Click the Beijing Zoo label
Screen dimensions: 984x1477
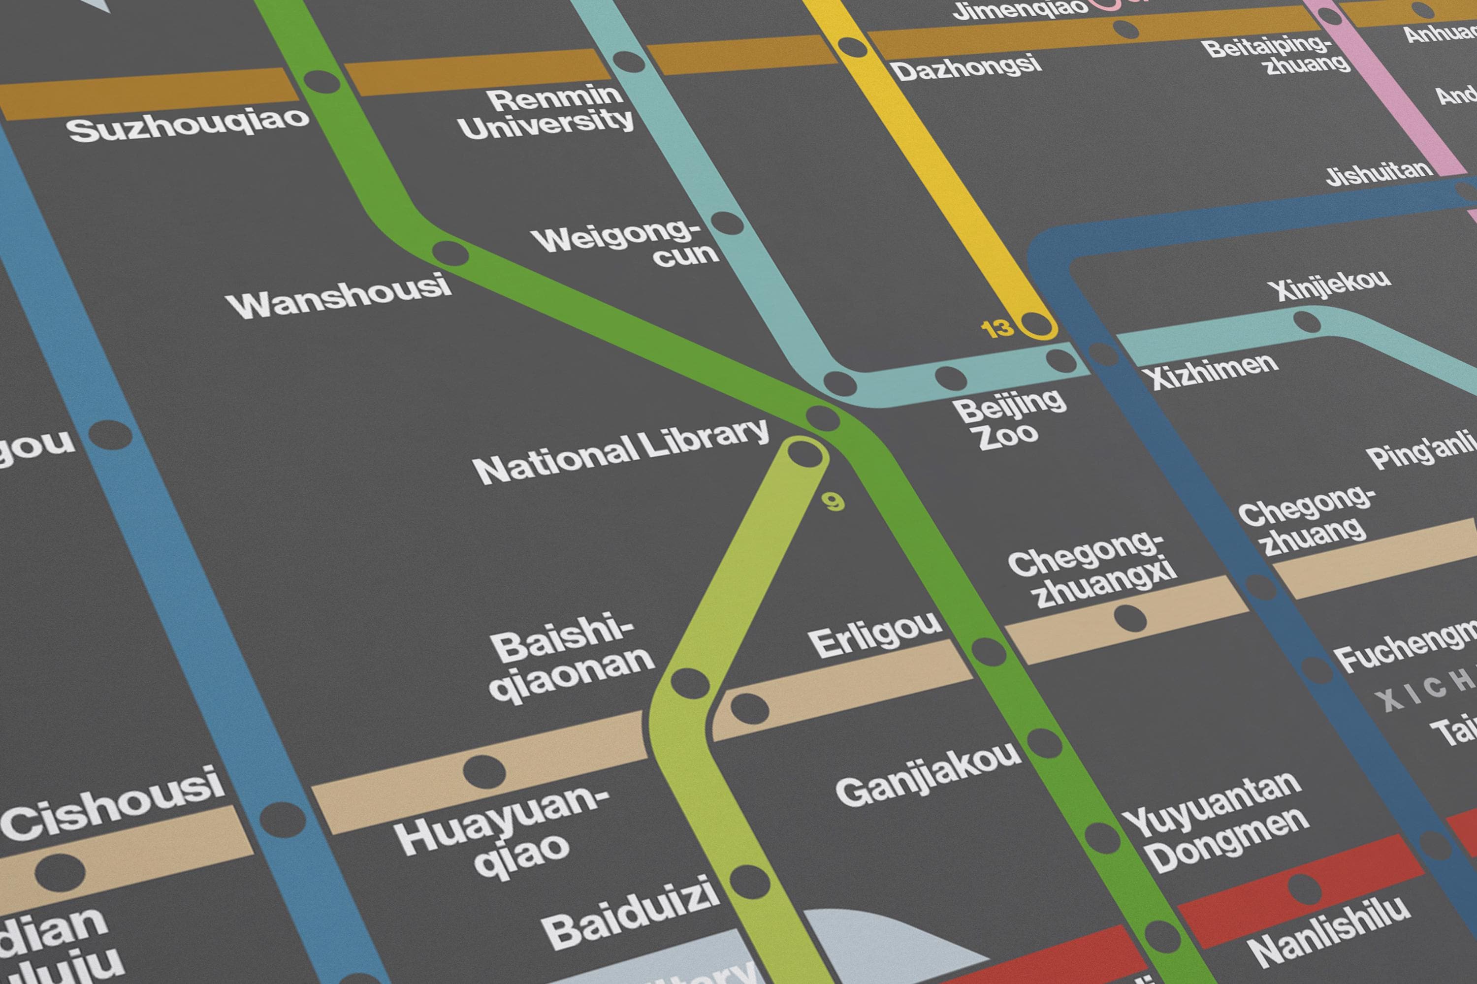click(x=1009, y=420)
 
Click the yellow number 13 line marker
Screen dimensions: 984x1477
click(x=997, y=328)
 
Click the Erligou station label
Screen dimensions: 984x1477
click(x=874, y=635)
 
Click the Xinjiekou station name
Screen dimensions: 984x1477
click(x=1328, y=286)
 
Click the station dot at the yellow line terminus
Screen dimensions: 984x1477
click(x=1036, y=324)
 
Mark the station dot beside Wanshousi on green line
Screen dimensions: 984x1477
click(x=450, y=254)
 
